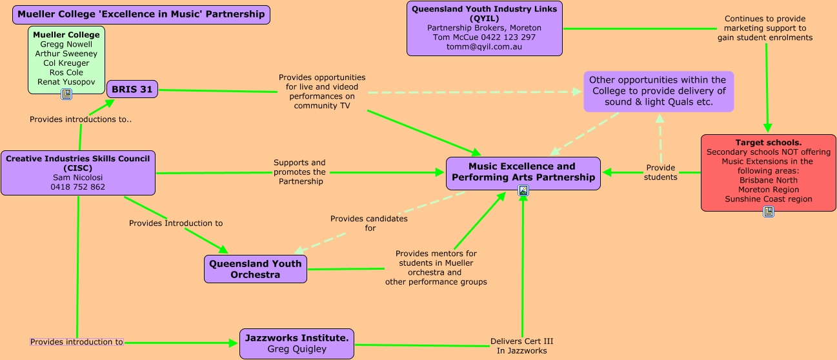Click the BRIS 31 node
[132, 90]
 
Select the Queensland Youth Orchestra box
[256, 269]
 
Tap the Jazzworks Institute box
[296, 344]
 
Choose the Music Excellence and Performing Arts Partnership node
[523, 172]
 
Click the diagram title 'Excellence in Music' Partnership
[141, 14]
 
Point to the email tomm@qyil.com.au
[484, 47]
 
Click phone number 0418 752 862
[77, 187]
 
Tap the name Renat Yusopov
[66, 83]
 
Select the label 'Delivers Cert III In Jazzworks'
[521, 346]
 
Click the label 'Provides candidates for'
[369, 223]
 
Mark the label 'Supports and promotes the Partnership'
[299, 172]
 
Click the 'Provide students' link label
[660, 172]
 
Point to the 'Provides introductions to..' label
[81, 119]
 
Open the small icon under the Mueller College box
[66, 95]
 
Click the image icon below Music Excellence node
[523, 190]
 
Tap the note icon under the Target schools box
[768, 212]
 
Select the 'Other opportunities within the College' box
[658, 92]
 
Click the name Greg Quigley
[297, 350]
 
